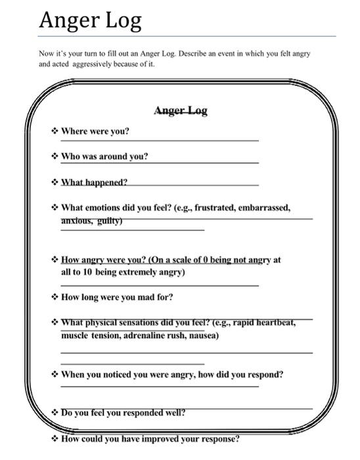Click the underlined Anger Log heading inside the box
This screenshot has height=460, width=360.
(x=180, y=110)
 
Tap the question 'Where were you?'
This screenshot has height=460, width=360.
(x=95, y=131)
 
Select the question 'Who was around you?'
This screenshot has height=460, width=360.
(x=104, y=156)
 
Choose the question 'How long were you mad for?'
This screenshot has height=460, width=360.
(x=117, y=297)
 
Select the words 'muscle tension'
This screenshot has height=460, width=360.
(x=86, y=335)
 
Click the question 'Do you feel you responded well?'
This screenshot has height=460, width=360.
(x=123, y=413)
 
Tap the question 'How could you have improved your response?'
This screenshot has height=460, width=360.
(x=150, y=439)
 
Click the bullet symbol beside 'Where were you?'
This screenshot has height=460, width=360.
(x=55, y=131)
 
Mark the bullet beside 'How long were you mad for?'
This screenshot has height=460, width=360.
(x=55, y=297)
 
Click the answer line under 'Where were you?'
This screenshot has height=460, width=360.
(x=160, y=141)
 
